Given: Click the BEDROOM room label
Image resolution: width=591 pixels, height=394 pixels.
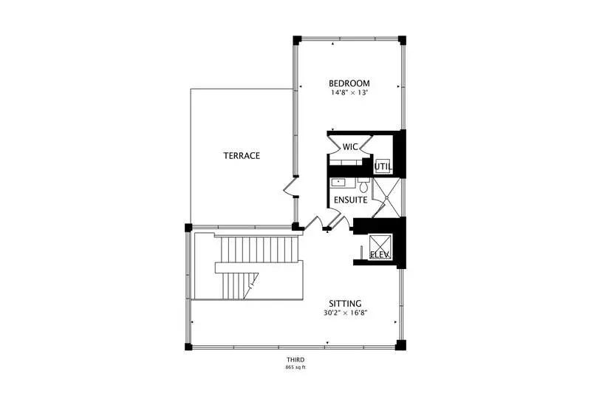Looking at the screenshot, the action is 349,84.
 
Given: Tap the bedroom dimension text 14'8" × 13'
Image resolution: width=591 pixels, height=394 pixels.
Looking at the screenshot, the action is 349,92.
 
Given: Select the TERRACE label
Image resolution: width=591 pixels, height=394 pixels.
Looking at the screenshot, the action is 242,156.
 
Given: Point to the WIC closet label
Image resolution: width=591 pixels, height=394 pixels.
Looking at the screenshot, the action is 350,146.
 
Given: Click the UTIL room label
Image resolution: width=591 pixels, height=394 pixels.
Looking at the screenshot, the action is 383,166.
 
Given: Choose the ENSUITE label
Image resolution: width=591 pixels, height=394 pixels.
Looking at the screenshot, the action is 350,200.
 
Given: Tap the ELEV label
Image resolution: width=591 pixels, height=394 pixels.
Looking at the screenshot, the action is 380,254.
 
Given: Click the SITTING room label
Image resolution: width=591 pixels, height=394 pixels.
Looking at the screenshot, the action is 345,304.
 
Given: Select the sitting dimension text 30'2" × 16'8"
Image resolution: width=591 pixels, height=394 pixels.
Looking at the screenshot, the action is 345,313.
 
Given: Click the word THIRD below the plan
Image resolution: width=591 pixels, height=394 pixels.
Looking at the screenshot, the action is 295,360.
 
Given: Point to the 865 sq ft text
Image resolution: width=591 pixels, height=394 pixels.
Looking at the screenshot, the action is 295,367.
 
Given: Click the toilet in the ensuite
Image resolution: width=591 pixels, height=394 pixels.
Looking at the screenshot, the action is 363,186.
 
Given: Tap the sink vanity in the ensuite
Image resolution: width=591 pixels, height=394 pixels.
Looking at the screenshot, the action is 343,183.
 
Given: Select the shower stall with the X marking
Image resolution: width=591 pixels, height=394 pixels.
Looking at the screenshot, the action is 386,197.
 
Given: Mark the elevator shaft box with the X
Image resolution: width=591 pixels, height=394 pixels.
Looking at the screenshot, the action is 380,247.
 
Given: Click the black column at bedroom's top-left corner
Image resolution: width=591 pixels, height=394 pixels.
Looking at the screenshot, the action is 298,40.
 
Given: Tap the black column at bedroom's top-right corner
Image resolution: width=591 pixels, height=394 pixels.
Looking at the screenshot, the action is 402,40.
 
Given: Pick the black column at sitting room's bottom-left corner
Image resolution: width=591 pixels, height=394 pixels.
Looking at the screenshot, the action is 188,347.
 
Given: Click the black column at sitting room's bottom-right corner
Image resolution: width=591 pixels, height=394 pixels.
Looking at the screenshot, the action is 401,345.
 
